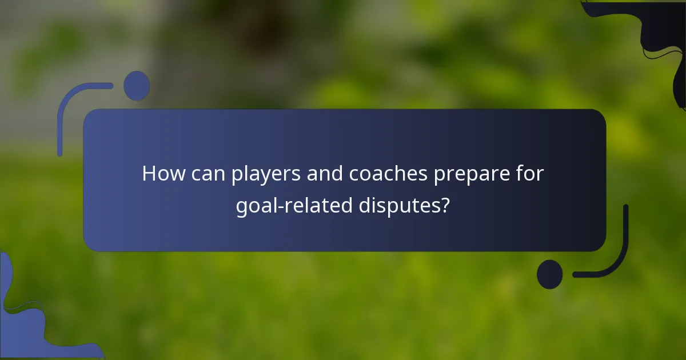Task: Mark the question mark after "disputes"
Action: click(x=444, y=205)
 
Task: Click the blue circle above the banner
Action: click(x=137, y=86)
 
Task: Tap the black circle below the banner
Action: click(x=549, y=274)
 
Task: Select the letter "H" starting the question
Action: click(x=149, y=174)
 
